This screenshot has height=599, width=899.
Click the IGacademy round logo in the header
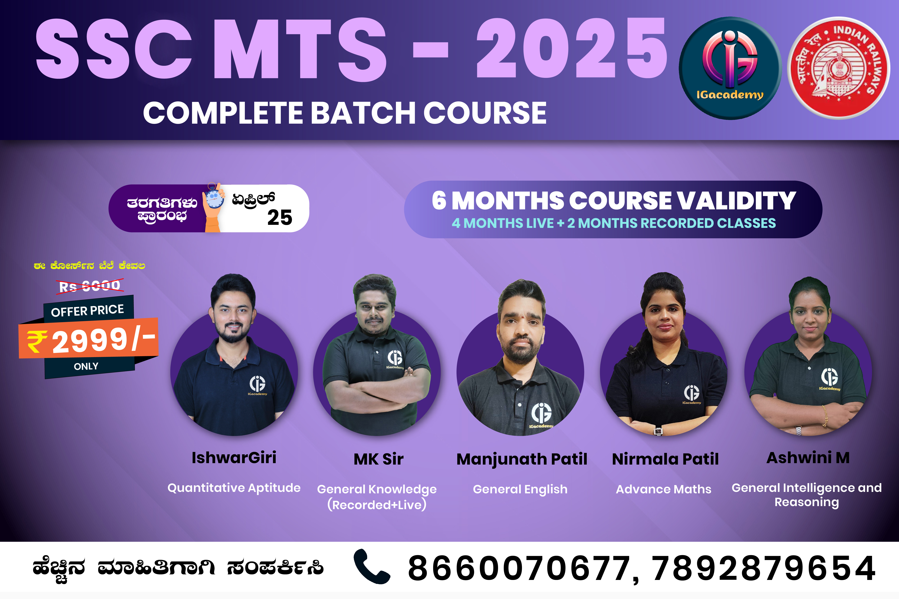click(x=730, y=68)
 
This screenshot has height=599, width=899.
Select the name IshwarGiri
click(x=234, y=458)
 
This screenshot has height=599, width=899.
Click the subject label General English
click(x=520, y=489)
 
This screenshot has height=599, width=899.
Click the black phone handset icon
click(x=371, y=566)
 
